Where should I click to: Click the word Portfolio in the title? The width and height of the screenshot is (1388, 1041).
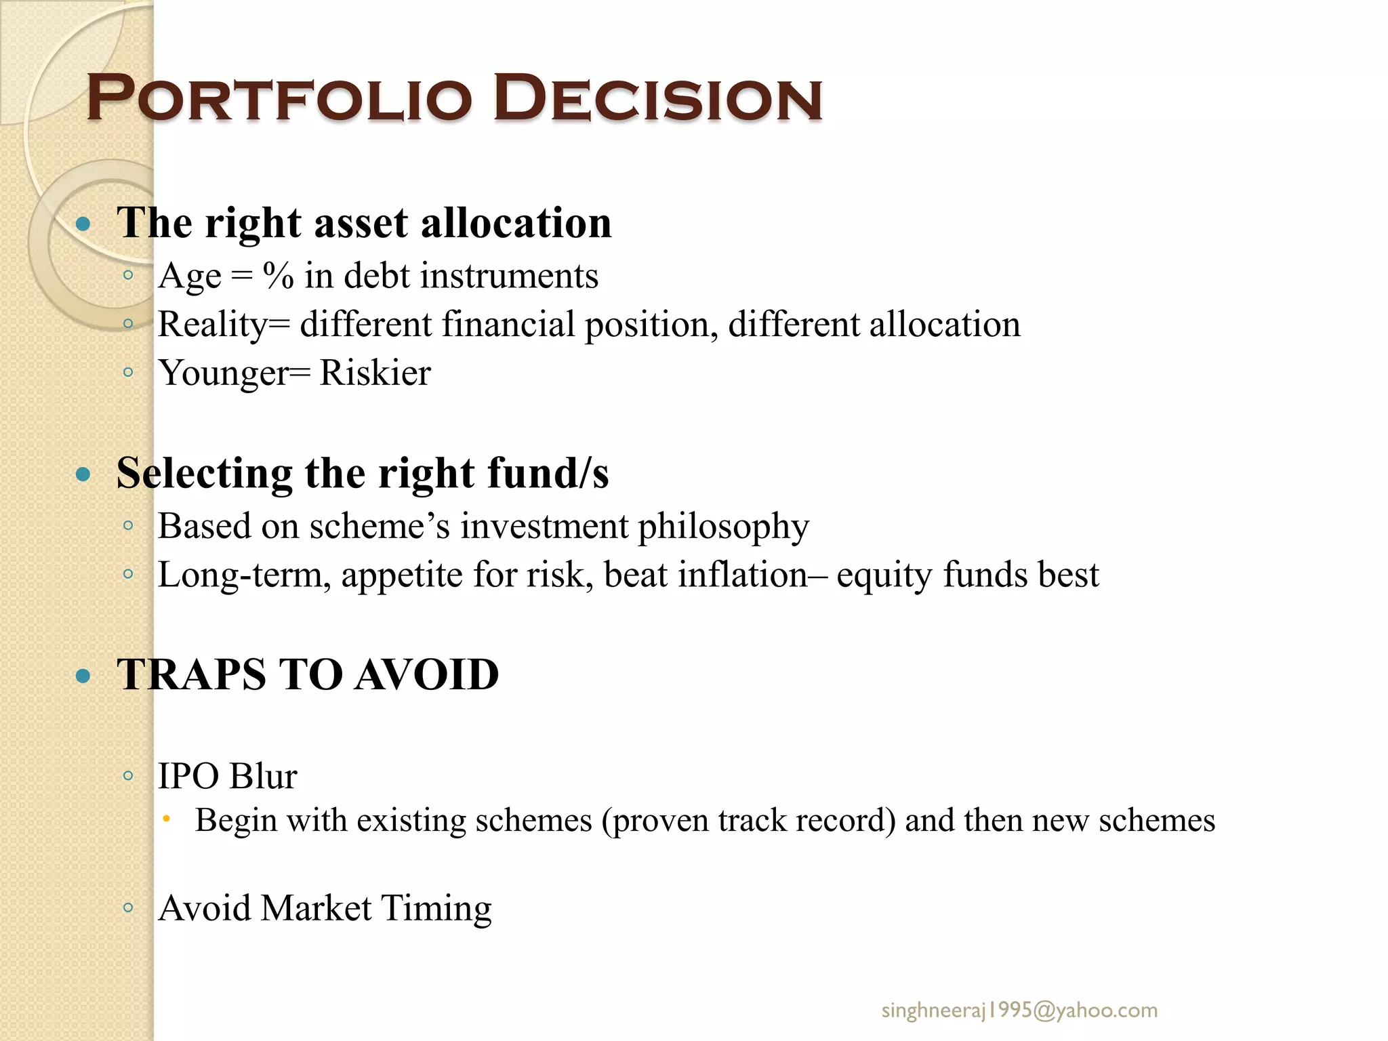279,99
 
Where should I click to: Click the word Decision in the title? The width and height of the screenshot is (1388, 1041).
657,99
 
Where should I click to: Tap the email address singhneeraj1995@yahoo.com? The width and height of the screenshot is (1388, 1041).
1019,1011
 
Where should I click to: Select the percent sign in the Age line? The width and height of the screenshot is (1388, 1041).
278,277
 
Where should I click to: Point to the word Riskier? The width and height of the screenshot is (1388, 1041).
375,373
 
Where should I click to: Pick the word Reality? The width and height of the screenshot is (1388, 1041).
212,325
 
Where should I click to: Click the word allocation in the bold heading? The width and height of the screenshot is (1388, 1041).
516,223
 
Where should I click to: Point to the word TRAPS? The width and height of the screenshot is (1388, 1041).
192,675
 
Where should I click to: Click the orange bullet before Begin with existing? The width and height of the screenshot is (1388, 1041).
166,820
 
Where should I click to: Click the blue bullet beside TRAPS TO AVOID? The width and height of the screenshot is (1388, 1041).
83,676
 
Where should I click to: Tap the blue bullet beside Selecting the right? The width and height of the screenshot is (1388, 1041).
83,474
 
